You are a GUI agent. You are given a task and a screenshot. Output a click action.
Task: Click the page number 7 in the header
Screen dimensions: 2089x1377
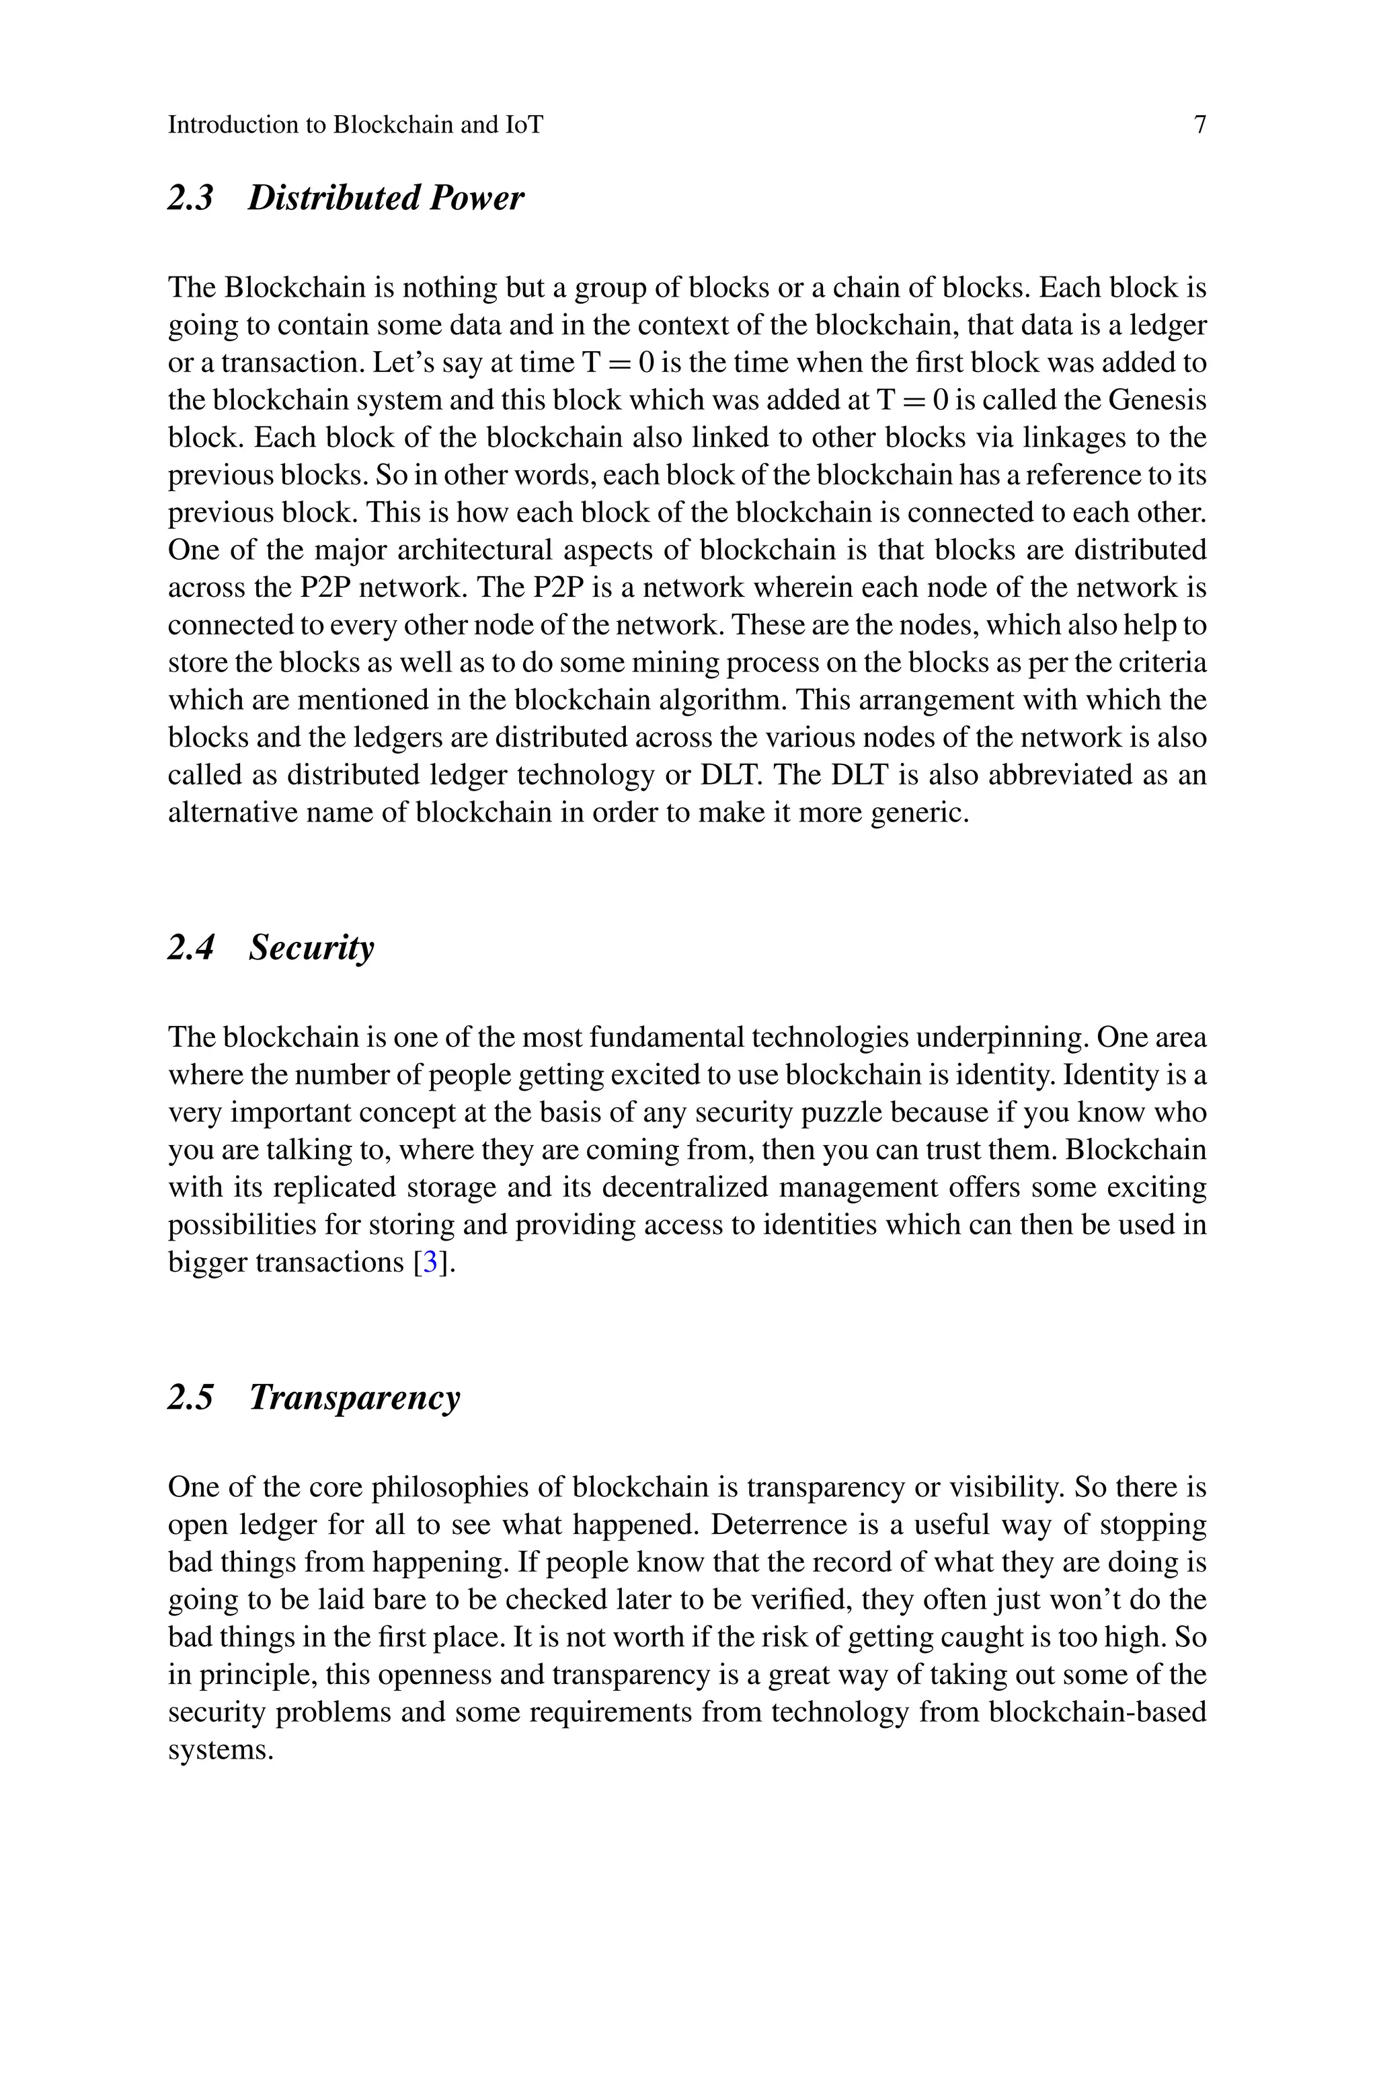(x=1199, y=124)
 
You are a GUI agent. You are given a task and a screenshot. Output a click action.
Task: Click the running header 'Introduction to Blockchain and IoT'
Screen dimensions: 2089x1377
(x=355, y=124)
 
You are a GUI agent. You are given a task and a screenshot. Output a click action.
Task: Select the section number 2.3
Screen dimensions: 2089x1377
(x=190, y=198)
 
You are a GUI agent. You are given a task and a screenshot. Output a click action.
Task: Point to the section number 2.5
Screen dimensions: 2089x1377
(x=190, y=1397)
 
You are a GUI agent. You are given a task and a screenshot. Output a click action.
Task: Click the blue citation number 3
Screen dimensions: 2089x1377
(x=430, y=1262)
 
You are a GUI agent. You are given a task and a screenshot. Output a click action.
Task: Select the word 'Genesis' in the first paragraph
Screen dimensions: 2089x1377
(x=1156, y=400)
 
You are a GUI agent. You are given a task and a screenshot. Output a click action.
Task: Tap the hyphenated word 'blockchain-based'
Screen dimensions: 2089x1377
(x=1096, y=1712)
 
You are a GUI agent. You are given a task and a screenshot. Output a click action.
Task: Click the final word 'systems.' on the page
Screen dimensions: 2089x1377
(x=221, y=1750)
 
